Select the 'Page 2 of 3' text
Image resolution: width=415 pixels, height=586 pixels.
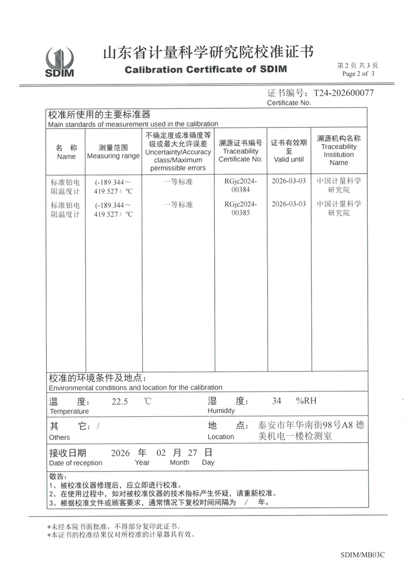(x=357, y=74)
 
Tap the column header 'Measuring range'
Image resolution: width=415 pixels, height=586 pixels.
(x=113, y=156)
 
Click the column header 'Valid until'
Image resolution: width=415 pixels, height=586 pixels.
(x=289, y=159)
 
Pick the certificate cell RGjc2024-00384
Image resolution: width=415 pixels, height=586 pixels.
(x=241, y=186)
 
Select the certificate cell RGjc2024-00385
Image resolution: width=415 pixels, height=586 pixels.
(x=241, y=208)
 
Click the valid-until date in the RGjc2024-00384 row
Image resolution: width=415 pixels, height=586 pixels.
(x=289, y=181)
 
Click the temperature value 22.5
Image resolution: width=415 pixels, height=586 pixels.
(x=120, y=401)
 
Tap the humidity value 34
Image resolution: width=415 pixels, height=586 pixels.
(x=276, y=401)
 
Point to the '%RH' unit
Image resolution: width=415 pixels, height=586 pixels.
(x=306, y=401)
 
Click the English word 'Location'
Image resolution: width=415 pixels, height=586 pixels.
(x=221, y=437)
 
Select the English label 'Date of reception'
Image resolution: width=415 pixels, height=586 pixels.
(x=76, y=463)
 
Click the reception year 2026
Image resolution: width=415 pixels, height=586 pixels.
(x=121, y=452)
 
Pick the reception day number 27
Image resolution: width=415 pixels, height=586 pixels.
(x=192, y=452)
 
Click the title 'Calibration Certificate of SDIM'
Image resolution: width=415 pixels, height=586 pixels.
(x=205, y=69)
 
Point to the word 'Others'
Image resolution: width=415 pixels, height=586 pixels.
(x=59, y=437)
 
